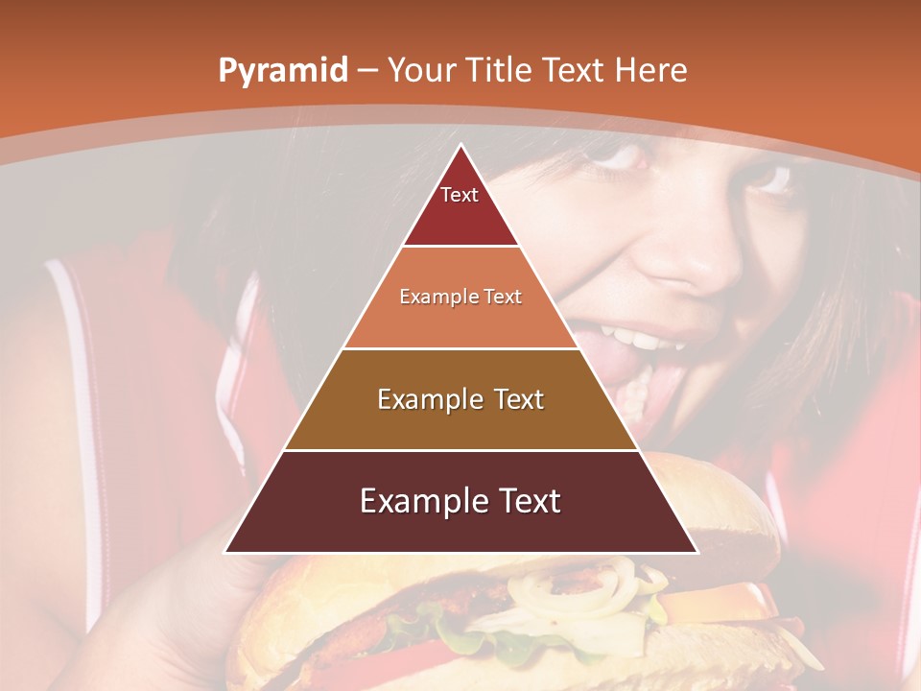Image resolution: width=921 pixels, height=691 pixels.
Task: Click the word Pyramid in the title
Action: pos(282,71)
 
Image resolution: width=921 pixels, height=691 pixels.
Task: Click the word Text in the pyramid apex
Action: pos(459,195)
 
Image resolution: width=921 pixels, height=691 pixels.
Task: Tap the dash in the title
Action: pos(366,71)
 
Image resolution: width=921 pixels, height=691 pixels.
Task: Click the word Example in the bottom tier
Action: pos(421,501)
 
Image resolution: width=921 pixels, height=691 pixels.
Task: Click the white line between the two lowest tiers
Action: pos(460,450)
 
